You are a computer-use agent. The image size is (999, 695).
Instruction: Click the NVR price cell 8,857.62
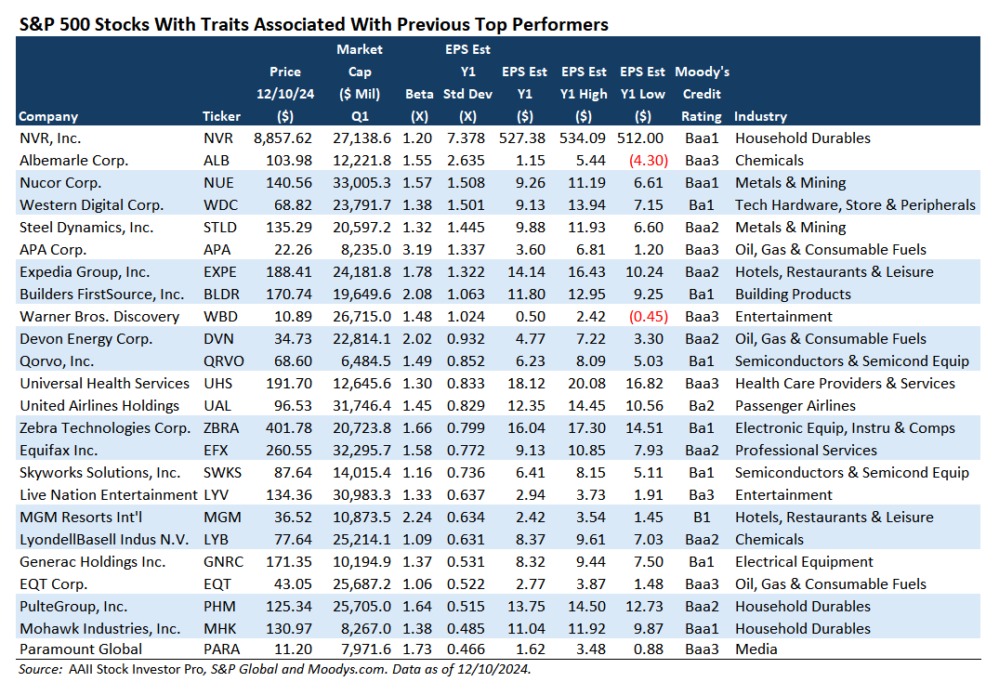coord(285,138)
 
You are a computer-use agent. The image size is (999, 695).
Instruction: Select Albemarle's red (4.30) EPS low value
coord(643,160)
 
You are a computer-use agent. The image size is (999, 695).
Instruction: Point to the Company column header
coord(48,116)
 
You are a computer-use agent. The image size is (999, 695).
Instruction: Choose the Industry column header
coord(760,116)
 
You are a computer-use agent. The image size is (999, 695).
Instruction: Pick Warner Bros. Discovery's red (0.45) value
coord(643,316)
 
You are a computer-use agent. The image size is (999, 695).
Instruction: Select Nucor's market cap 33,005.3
coord(361,182)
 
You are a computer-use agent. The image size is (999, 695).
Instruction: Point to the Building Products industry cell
coord(793,294)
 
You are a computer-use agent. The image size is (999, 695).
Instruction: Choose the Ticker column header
coord(221,116)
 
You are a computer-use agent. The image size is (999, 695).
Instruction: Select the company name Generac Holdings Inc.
coord(92,561)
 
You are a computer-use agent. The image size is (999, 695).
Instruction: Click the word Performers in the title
coord(562,24)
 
